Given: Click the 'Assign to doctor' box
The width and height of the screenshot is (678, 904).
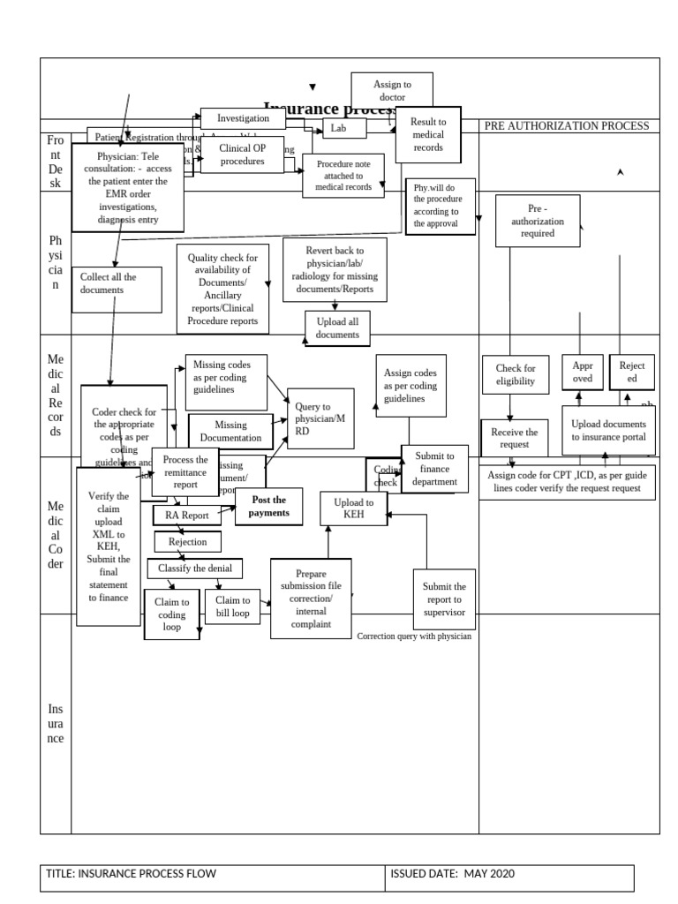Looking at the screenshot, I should pos(391,89).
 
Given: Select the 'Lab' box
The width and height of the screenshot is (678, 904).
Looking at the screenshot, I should pos(336,129).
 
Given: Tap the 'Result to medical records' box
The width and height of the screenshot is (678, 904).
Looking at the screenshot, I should pos(428,135).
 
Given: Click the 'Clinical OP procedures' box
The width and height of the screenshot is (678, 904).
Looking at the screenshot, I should pos(242,154).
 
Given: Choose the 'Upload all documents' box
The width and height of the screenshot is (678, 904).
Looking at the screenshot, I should pos(337,328).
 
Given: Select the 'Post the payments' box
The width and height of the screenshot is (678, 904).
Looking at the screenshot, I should pos(268,506).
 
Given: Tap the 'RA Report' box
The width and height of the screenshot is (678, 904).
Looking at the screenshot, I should pos(187,516).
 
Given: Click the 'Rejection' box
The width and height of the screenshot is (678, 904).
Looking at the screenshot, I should pos(187,541).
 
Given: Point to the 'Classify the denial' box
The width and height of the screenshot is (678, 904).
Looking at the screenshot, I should pos(195,568).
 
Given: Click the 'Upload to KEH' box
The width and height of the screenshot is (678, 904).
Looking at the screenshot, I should pos(353,508).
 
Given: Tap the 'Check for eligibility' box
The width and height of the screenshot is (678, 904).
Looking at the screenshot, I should pos(515,374).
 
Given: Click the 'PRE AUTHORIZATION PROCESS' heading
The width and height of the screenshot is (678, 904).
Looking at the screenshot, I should pos(567,126).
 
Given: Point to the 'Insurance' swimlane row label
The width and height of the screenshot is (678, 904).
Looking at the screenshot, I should pos(56,724).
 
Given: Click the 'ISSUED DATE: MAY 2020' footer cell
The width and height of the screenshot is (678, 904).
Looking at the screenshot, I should pos(509,874).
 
